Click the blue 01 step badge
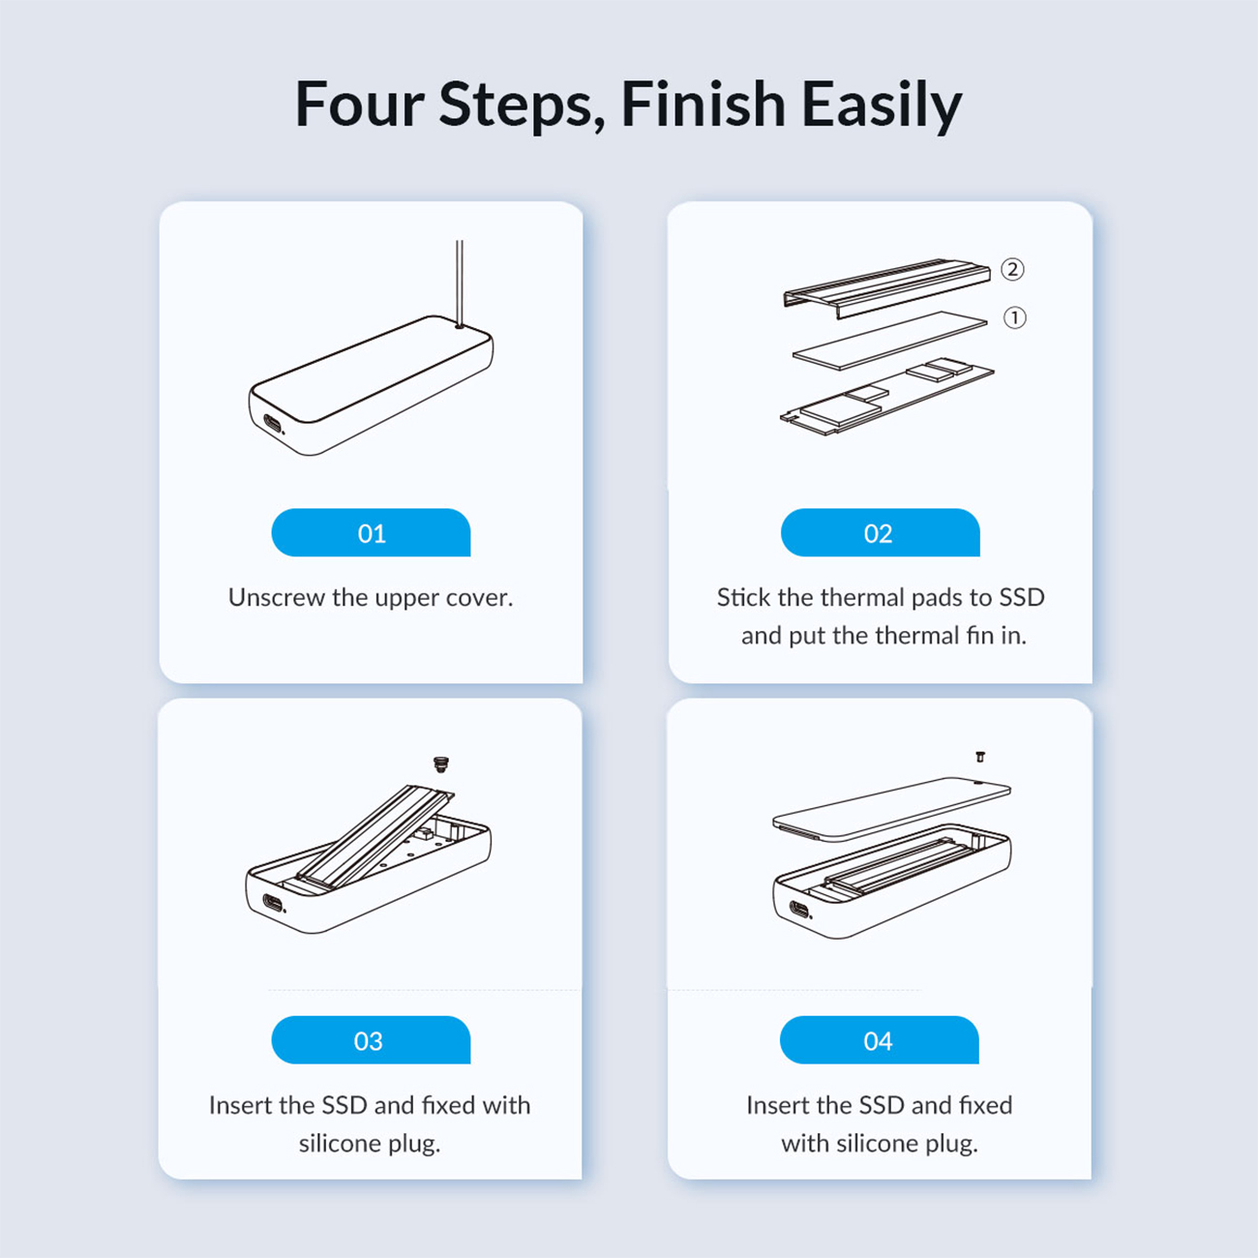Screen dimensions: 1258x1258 pos(371,532)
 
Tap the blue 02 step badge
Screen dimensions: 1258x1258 pos(880,532)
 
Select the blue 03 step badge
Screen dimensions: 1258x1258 pos(371,1040)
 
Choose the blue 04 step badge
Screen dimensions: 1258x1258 pos(880,1040)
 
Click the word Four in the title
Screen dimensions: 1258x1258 pos(360,105)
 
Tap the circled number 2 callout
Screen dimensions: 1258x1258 pos(1012,269)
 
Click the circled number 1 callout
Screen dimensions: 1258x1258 pos(1014,318)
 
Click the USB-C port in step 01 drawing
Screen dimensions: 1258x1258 pos(272,425)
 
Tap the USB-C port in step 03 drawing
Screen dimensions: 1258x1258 pos(273,905)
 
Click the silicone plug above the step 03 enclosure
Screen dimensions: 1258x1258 pos(441,764)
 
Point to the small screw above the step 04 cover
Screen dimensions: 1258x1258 pos(980,757)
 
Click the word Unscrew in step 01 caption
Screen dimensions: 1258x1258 pos(277,597)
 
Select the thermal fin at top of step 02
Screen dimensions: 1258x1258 pos(886,288)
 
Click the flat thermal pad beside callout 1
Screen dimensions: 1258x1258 pos(890,340)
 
